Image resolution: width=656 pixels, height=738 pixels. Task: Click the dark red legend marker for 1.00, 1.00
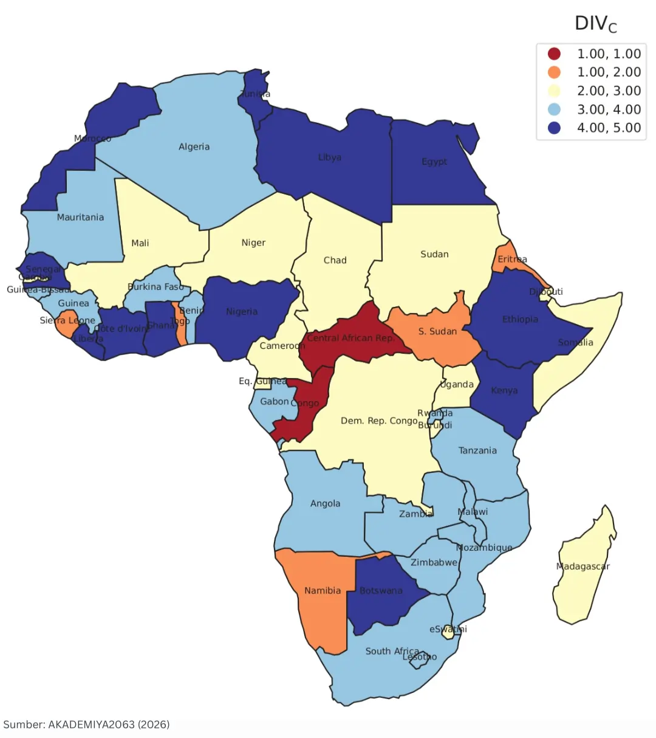554,54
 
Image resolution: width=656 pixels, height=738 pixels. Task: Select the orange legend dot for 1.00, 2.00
554,72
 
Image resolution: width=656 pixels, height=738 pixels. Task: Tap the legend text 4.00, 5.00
609,128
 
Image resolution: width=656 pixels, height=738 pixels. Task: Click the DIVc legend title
595,24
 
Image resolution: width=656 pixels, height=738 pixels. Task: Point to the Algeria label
194,147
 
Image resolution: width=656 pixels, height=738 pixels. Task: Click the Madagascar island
583,571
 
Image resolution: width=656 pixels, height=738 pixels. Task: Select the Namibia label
323,591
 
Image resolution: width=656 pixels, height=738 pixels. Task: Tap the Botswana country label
381,591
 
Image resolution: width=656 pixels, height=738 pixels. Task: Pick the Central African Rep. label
350,338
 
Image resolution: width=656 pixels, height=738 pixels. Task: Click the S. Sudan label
437,331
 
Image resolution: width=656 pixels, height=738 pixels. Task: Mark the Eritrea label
512,260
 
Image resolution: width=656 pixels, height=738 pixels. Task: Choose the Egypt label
434,162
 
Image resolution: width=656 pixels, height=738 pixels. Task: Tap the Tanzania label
477,450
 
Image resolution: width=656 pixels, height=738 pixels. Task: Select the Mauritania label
80,218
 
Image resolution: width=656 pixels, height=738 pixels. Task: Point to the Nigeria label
242,312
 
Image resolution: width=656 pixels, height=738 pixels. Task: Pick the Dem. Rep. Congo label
379,421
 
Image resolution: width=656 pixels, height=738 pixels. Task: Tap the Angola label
325,503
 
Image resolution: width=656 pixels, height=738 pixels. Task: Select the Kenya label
504,390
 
